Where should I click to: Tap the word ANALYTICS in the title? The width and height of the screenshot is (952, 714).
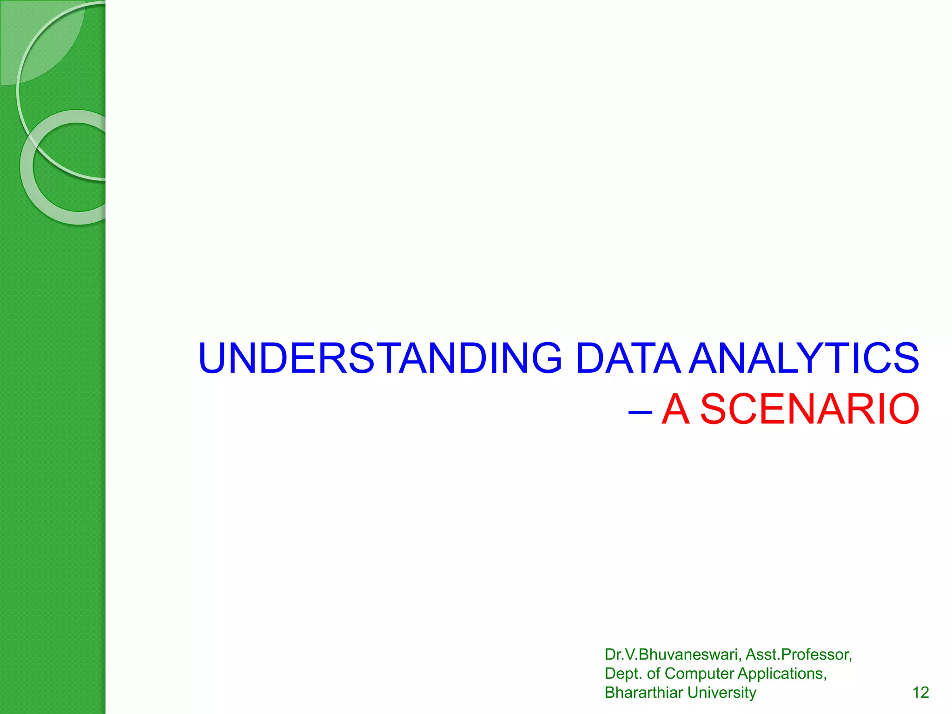pos(804,358)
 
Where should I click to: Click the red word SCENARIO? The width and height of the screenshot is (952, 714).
pos(809,409)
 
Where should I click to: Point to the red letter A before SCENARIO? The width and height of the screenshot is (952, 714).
pos(675,409)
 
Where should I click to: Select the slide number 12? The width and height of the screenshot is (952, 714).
pos(920,693)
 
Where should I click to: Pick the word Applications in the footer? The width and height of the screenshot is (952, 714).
pos(782,674)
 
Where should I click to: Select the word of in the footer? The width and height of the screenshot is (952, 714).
pos(654,674)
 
